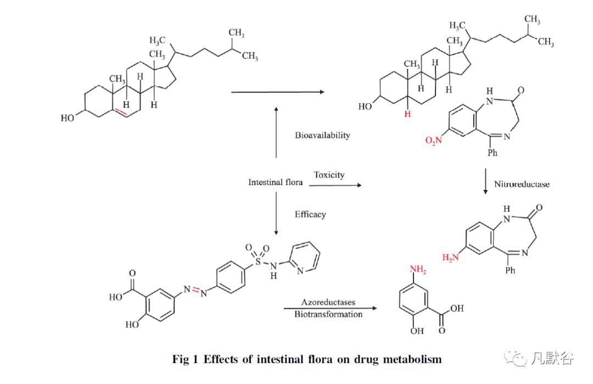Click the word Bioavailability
click(x=322, y=135)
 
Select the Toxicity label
click(x=329, y=175)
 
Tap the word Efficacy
click(x=310, y=214)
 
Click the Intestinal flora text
click(x=275, y=182)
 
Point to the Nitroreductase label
click(x=522, y=184)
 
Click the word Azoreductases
click(x=328, y=302)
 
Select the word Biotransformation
click(x=328, y=314)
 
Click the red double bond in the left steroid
click(x=122, y=113)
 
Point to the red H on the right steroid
click(x=407, y=113)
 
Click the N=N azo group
click(x=197, y=290)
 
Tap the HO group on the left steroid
click(x=71, y=117)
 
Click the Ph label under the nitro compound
click(x=493, y=153)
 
